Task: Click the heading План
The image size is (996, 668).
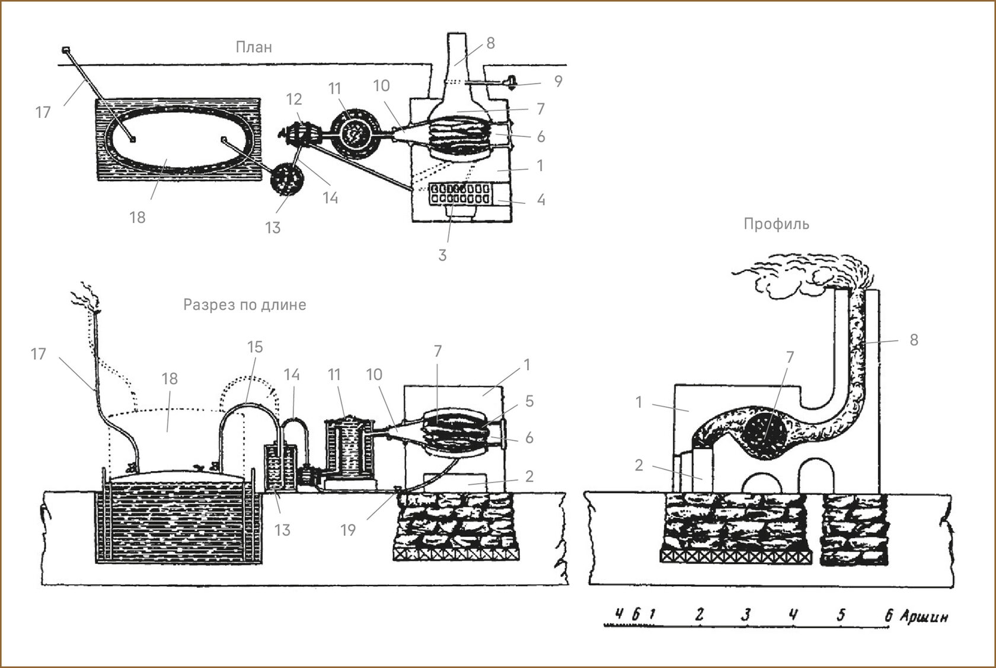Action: coord(254,47)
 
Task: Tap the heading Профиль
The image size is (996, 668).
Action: coord(776,224)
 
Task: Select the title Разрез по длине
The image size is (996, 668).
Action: coord(244,305)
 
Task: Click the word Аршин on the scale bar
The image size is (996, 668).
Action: coord(924,617)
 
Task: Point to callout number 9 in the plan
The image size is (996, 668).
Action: coord(558,81)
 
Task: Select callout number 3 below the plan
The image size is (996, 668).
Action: coord(442,255)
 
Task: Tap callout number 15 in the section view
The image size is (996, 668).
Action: coord(255,347)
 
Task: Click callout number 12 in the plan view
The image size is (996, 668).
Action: coord(294,99)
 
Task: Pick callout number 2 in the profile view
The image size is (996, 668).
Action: coord(639,465)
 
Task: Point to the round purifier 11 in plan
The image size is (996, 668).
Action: coord(354,132)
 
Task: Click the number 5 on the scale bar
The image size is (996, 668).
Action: coord(841,615)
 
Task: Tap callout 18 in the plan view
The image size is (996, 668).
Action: coord(138,218)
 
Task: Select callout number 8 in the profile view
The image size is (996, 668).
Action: coord(914,340)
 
